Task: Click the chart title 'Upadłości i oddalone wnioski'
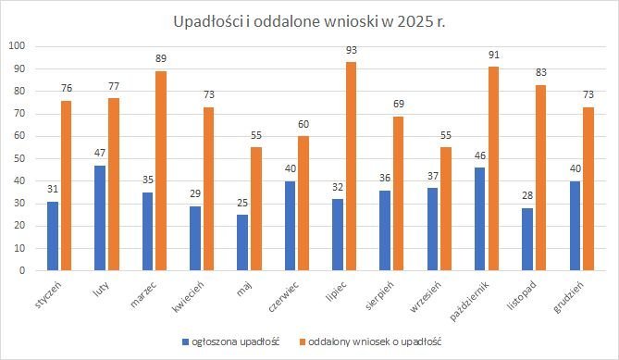pos(309,20)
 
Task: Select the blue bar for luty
pos(100,217)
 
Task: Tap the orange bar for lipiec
pos(350,167)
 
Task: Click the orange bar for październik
pos(492,168)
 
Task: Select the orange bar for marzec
pos(161,171)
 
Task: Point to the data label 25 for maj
pos(242,205)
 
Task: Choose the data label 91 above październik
pos(492,56)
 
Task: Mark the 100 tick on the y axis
pos(17,46)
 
